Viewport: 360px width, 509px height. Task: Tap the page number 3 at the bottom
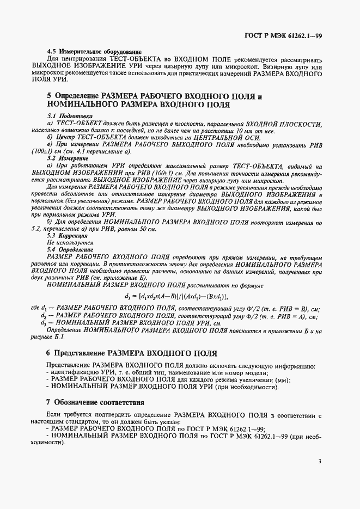coord(320,462)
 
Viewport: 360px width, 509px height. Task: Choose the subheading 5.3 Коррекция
coord(68,236)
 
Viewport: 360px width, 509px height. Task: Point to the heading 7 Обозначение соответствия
coord(95,403)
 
